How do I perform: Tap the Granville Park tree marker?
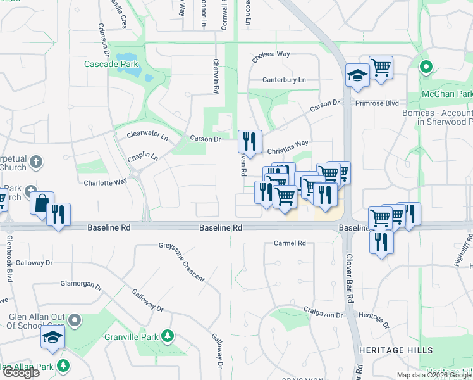point(168,334)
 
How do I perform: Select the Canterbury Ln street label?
point(284,80)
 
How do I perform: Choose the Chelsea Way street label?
point(271,54)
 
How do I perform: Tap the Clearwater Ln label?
point(147,135)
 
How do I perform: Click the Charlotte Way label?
point(106,182)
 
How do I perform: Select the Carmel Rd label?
point(290,243)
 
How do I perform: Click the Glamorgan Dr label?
point(81,286)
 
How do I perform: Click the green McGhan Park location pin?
point(426,66)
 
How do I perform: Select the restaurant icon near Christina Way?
point(249,142)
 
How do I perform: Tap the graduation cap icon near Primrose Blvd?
point(357,75)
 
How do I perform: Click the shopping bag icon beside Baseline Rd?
point(42,204)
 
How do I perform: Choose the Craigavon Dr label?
point(322,315)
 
